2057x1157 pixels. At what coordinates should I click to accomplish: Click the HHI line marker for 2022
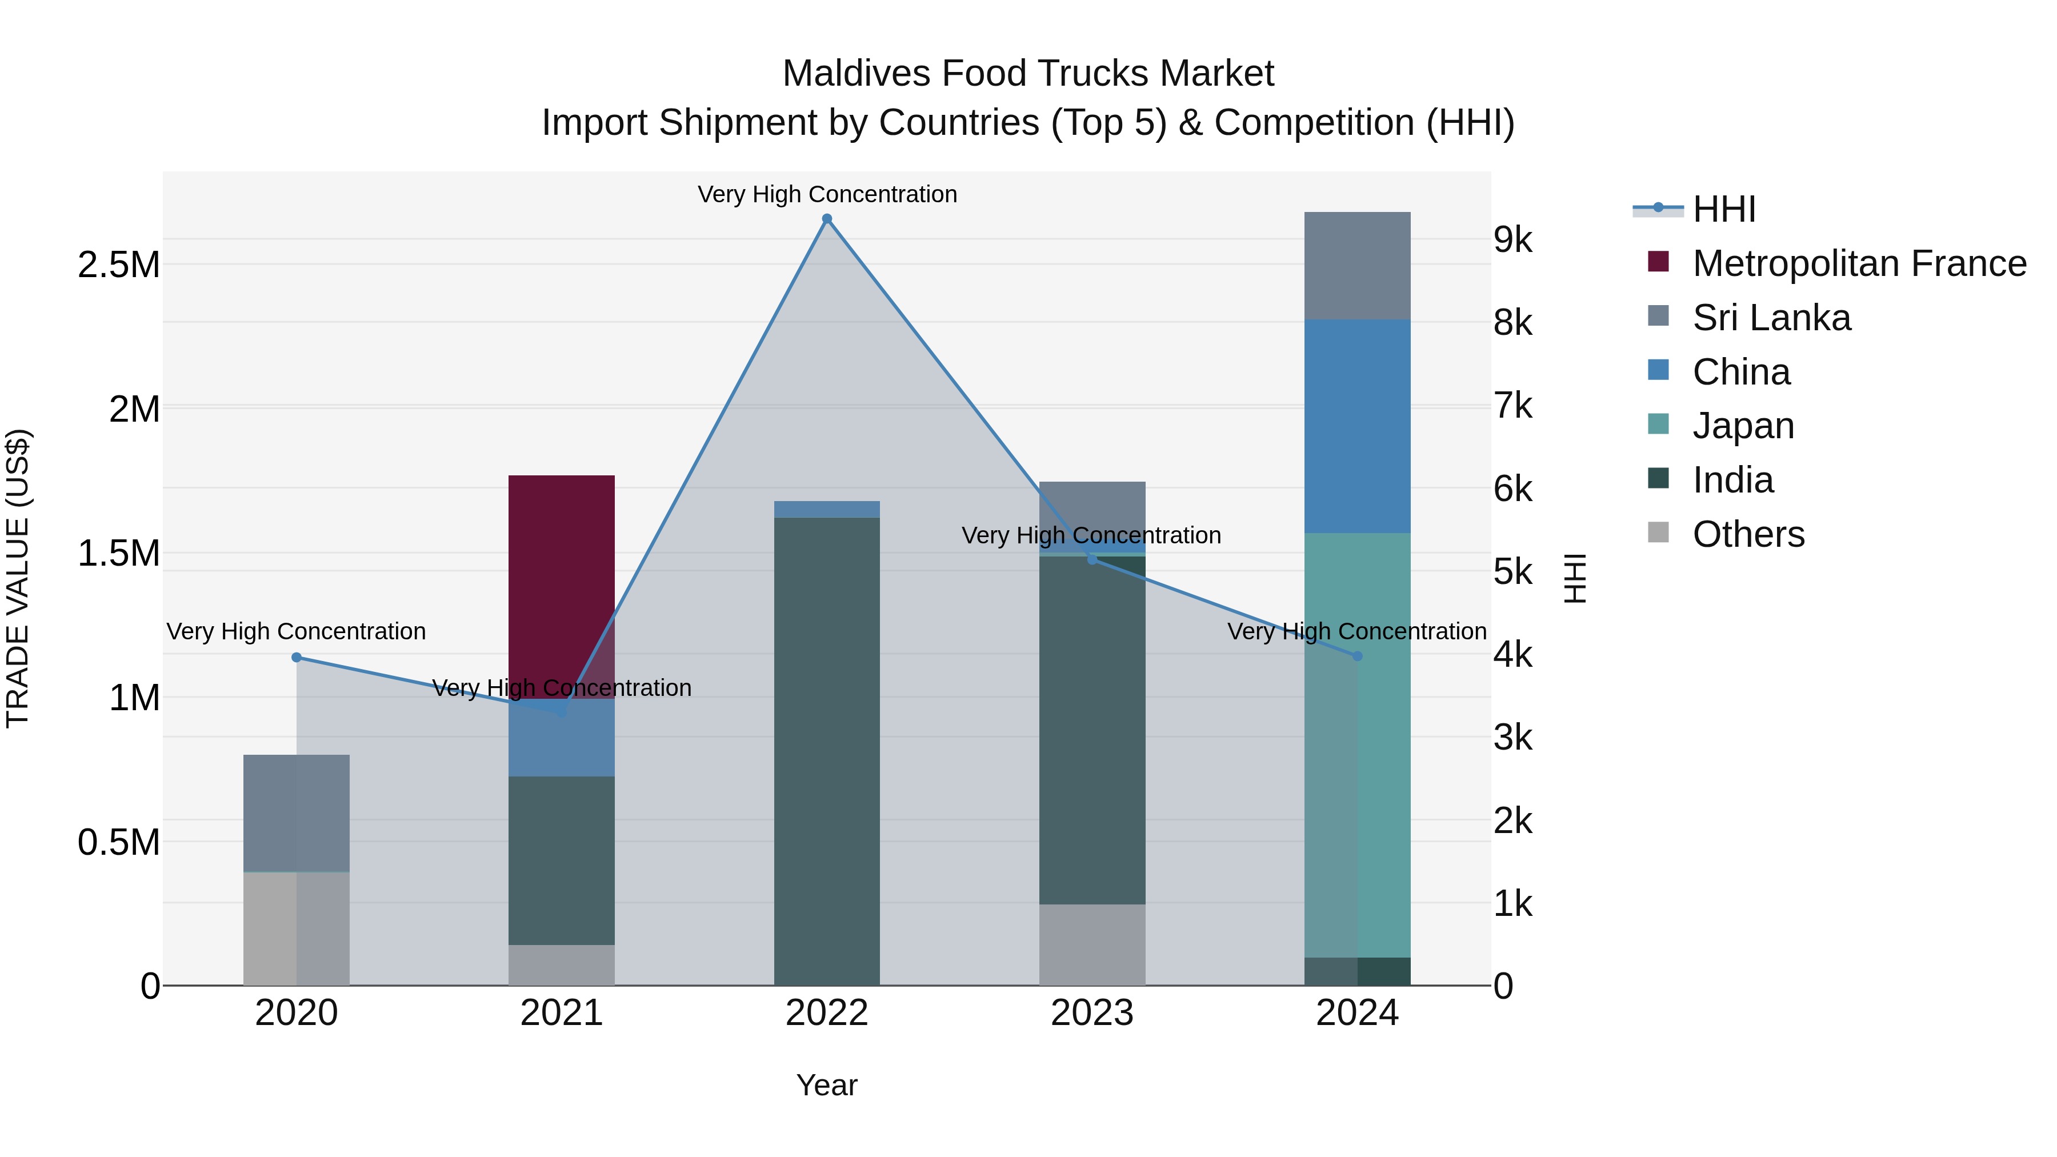pyautogui.click(x=826, y=219)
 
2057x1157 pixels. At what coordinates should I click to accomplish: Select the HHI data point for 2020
pyautogui.click(x=296, y=657)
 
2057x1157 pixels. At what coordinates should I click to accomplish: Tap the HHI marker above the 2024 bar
pyautogui.click(x=1358, y=655)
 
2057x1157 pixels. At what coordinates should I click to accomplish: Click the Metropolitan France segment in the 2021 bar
pyautogui.click(x=561, y=587)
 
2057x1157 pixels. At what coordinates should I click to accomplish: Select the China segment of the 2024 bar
pyautogui.click(x=1358, y=426)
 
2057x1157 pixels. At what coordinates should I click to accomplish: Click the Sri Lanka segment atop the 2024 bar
pyautogui.click(x=1358, y=265)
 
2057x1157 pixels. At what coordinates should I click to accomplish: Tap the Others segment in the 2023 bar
pyautogui.click(x=1091, y=944)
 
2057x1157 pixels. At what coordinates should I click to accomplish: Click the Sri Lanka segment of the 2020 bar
pyautogui.click(x=296, y=813)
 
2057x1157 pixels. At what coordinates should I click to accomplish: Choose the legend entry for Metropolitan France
pyautogui.click(x=1858, y=263)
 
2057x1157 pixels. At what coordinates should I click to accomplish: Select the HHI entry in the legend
pyautogui.click(x=1723, y=209)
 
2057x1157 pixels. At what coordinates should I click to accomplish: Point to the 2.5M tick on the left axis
pyautogui.click(x=118, y=265)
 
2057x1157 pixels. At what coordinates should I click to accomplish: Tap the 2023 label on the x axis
pyautogui.click(x=1091, y=1013)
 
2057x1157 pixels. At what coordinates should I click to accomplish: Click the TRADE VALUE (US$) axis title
pyautogui.click(x=18, y=578)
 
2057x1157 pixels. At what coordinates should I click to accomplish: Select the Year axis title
pyautogui.click(x=826, y=1085)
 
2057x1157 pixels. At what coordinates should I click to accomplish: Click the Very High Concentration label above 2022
pyautogui.click(x=826, y=194)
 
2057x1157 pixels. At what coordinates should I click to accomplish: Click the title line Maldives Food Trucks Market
pyautogui.click(x=1028, y=74)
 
